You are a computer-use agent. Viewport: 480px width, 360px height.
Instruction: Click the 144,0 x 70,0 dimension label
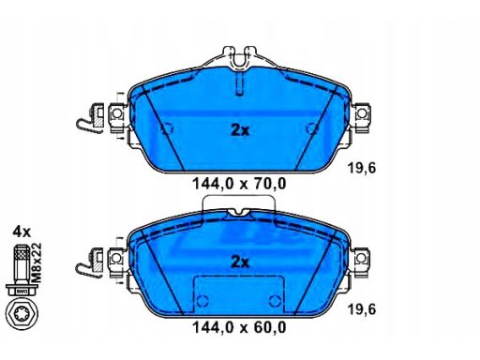(x=239, y=184)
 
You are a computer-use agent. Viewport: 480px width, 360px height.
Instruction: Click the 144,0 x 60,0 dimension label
(x=239, y=327)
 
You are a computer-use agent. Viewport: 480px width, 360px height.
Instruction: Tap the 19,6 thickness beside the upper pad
(x=362, y=169)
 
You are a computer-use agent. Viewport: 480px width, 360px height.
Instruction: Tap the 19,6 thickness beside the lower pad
(x=362, y=309)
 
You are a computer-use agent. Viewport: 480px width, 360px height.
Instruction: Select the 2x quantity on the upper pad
(x=240, y=130)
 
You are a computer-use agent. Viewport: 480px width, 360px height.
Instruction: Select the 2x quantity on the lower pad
(x=240, y=262)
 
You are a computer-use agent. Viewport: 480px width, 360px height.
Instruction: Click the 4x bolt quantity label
(x=22, y=232)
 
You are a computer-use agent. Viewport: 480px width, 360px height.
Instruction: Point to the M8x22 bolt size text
(x=37, y=263)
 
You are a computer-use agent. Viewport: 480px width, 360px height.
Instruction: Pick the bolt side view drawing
(x=22, y=270)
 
